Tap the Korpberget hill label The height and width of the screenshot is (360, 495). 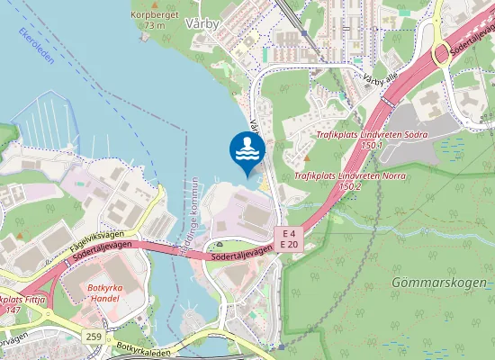tap(155, 15)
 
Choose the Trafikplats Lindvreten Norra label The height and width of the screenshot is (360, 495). tap(337, 175)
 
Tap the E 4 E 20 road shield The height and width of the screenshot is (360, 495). tap(289, 238)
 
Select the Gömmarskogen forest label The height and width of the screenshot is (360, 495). tap(439, 283)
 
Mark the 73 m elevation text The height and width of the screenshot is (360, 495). tap(156, 26)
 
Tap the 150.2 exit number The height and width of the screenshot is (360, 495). tap(349, 185)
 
